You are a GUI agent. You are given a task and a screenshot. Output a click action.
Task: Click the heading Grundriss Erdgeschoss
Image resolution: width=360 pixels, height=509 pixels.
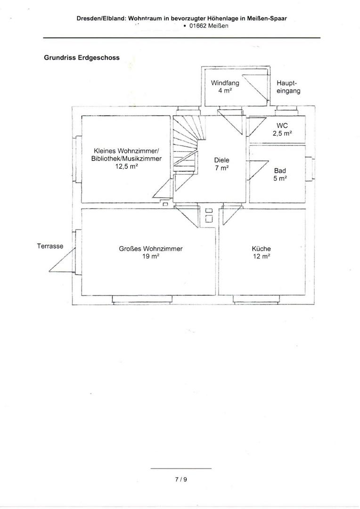(82, 58)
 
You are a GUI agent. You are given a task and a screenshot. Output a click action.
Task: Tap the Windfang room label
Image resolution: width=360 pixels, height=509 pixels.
(225, 83)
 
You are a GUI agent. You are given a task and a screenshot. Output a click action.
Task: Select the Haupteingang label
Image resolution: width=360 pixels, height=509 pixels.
(288, 87)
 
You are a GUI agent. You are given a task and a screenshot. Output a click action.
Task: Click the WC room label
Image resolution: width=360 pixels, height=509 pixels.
(282, 126)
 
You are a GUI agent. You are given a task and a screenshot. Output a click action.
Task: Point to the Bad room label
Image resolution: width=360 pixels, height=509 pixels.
(280, 171)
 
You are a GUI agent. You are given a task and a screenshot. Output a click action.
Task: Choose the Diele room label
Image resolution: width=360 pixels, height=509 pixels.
(222, 160)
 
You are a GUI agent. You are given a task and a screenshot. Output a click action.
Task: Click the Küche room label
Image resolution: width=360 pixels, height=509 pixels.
(261, 249)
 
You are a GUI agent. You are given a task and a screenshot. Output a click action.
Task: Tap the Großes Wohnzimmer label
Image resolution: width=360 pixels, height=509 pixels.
(151, 249)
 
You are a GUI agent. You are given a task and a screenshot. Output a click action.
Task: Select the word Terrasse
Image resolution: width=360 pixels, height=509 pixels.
(50, 246)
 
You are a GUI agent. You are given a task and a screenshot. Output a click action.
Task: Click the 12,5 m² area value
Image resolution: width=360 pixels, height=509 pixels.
(126, 166)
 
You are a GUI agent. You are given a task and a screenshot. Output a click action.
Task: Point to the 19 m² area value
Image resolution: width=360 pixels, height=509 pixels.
(151, 256)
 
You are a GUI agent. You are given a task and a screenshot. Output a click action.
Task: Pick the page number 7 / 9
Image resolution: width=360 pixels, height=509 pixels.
(181, 479)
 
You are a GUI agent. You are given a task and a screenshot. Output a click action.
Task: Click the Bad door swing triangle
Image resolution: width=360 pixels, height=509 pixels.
(259, 170)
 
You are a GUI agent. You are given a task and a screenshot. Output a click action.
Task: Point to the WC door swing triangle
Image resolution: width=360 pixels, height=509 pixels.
(257, 127)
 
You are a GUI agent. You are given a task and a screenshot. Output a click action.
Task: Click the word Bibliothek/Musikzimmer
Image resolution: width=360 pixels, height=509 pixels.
(126, 159)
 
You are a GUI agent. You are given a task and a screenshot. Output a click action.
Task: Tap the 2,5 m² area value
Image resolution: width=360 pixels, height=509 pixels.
(282, 133)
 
